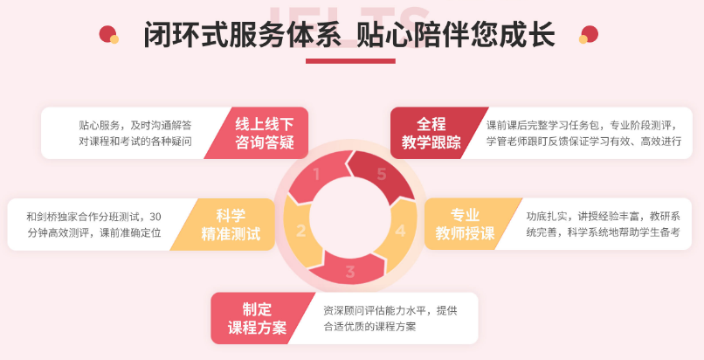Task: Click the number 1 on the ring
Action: click(x=316, y=174)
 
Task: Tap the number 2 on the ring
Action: click(x=300, y=231)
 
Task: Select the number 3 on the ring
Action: click(x=350, y=272)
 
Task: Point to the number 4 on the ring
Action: click(x=401, y=231)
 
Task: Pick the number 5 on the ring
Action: click(x=382, y=174)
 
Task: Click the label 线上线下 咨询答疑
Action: click(x=265, y=134)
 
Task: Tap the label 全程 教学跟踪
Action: click(x=431, y=134)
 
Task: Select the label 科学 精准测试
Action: click(x=231, y=225)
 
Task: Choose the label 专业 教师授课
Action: click(x=465, y=225)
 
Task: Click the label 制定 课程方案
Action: click(x=257, y=319)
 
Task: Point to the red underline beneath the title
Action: click(x=350, y=61)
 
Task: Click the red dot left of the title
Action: click(x=107, y=34)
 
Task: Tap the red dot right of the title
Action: click(x=590, y=34)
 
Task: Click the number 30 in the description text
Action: click(x=155, y=217)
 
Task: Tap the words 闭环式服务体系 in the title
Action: click(x=243, y=34)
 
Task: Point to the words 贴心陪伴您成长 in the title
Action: click(x=456, y=34)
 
